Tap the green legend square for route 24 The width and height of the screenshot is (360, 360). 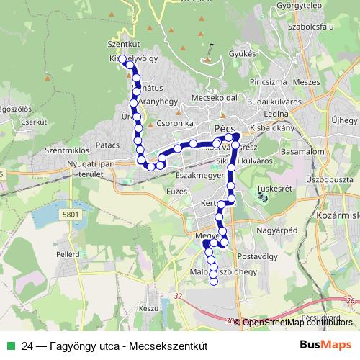(x=9, y=346)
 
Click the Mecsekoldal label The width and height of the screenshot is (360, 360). (x=215, y=96)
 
